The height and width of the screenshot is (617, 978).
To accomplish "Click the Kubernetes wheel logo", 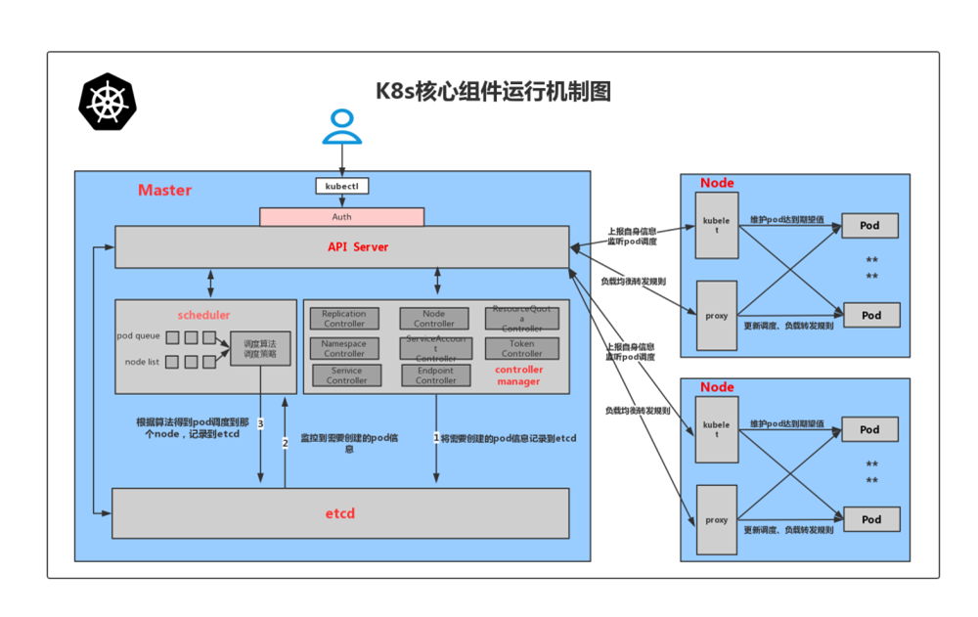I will click(x=108, y=102).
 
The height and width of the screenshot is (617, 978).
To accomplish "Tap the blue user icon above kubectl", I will click(x=341, y=126).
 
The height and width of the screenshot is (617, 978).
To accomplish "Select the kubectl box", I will click(x=341, y=186).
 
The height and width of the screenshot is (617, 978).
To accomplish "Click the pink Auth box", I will click(x=341, y=217).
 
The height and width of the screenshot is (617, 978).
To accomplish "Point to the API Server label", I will click(x=358, y=247).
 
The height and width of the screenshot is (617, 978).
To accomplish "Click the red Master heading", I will click(x=164, y=190).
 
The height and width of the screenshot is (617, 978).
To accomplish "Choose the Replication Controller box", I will click(x=344, y=319).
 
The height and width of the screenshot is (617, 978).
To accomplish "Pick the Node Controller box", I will click(x=434, y=319).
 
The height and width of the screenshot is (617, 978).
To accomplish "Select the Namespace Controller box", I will click(x=344, y=349).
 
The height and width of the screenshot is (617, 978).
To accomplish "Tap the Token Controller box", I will click(x=521, y=349).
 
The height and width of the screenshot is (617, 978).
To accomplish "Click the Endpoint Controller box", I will click(x=436, y=375).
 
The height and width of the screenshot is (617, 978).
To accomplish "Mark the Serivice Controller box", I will click(x=346, y=375).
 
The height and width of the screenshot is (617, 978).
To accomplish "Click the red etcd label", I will click(x=340, y=513).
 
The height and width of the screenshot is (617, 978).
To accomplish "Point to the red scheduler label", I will click(x=203, y=315).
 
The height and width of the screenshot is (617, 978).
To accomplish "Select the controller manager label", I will click(x=518, y=375).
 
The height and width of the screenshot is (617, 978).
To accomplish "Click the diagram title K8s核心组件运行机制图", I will click(x=494, y=92).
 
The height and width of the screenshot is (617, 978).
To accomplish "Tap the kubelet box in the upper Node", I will click(x=716, y=226).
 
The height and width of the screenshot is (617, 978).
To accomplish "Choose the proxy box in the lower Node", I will click(x=716, y=520).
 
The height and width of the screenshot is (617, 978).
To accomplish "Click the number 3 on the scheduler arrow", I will click(x=260, y=424).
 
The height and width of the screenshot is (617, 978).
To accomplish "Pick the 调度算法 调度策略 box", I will click(x=260, y=349).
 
